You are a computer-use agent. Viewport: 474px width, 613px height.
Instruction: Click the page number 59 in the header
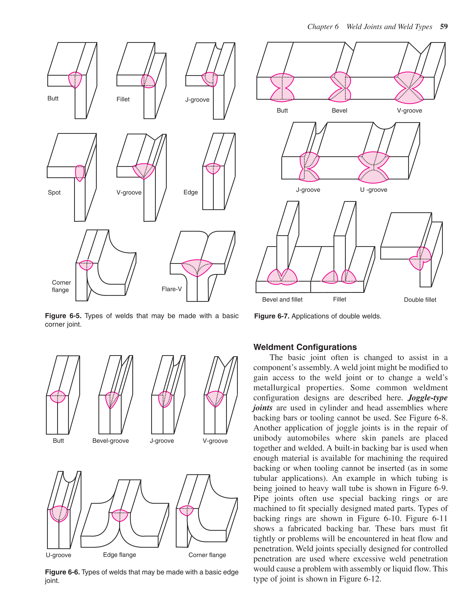(x=444, y=27)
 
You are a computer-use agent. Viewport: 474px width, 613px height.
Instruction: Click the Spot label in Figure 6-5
(x=54, y=193)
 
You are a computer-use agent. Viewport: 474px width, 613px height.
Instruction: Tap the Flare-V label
(x=172, y=289)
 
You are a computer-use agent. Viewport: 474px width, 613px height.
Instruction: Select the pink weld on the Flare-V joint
(x=197, y=267)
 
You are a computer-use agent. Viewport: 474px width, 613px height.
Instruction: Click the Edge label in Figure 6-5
(x=191, y=192)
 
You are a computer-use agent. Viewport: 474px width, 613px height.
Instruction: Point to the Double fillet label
(x=420, y=300)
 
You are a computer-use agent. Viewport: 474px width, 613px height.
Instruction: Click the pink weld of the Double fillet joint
(x=420, y=258)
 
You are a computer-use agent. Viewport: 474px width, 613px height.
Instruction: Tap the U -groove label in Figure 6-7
(x=373, y=190)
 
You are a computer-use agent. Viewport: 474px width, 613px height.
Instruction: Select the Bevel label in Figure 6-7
(x=340, y=111)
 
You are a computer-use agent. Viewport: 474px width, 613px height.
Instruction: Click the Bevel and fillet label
(x=282, y=299)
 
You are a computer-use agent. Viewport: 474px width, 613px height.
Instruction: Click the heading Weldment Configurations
(x=305, y=347)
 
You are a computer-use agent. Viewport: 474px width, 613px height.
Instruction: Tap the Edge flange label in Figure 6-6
(x=119, y=555)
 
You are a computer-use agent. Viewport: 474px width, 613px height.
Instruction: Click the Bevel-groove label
(x=111, y=441)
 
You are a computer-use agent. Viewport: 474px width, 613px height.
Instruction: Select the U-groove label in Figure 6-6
(x=58, y=555)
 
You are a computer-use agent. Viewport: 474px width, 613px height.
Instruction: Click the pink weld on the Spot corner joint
(x=80, y=173)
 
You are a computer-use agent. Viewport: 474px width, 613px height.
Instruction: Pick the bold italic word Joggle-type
(x=428, y=398)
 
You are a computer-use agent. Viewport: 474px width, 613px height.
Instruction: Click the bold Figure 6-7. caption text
(x=271, y=316)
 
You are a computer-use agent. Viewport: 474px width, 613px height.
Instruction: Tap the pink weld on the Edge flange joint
(x=120, y=515)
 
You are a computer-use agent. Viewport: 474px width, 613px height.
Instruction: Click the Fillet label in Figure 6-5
(x=123, y=99)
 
